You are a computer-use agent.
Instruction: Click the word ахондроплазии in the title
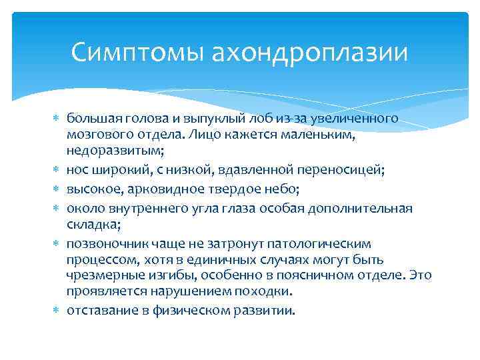pos(309,52)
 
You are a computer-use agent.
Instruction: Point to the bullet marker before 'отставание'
pos(55,310)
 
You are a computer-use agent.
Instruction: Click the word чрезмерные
pos(99,275)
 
